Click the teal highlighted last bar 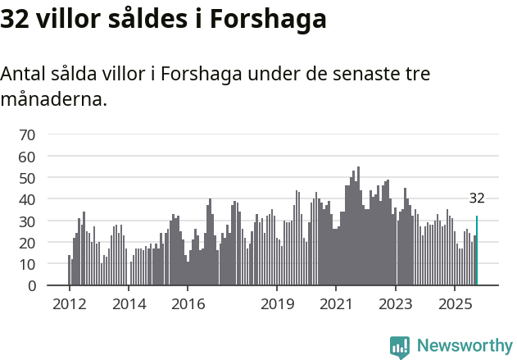click(477, 251)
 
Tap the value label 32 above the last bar click(477, 198)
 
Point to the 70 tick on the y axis click(27, 134)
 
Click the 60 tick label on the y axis click(27, 156)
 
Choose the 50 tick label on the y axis click(27, 178)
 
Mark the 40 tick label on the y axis click(27, 199)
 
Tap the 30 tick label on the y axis click(27, 221)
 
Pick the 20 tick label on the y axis click(27, 243)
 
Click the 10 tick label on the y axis click(27, 264)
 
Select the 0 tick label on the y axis click(31, 286)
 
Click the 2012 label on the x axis click(69, 304)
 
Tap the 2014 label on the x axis click(128, 304)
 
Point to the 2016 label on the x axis click(188, 304)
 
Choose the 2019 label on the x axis click(277, 304)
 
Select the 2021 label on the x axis click(336, 304)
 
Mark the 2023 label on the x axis click(396, 304)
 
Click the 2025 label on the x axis click(455, 304)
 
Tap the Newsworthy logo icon click(400, 347)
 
